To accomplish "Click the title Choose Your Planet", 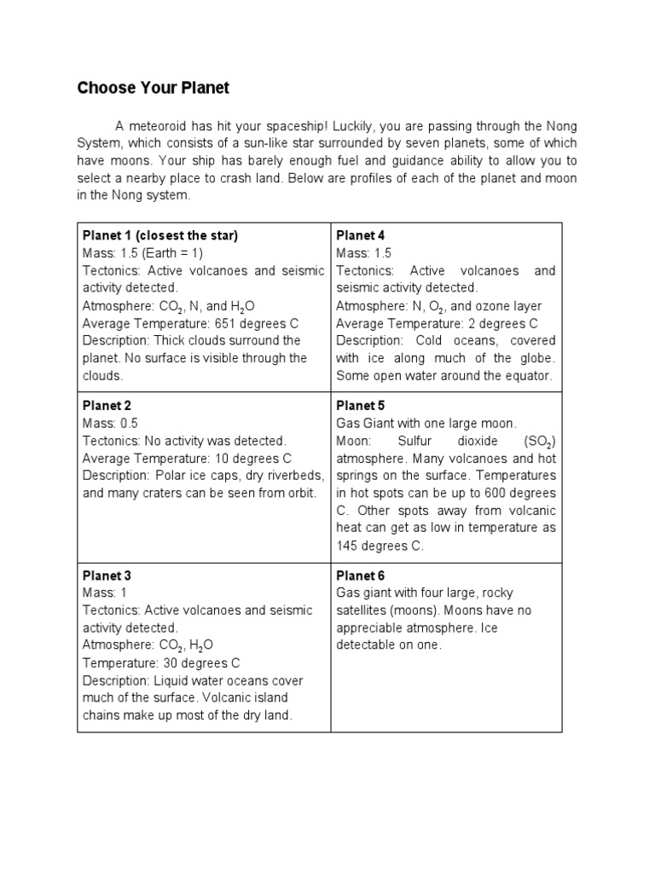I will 154,88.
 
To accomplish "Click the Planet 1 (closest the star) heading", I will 160,235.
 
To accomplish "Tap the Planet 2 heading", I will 107,406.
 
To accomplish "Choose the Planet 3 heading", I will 107,575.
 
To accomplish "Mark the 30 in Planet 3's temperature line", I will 165,662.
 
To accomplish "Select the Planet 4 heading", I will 361,235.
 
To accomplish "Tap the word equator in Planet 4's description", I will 530,376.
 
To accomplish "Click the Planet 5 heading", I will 361,406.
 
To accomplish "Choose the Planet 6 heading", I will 361,575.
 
